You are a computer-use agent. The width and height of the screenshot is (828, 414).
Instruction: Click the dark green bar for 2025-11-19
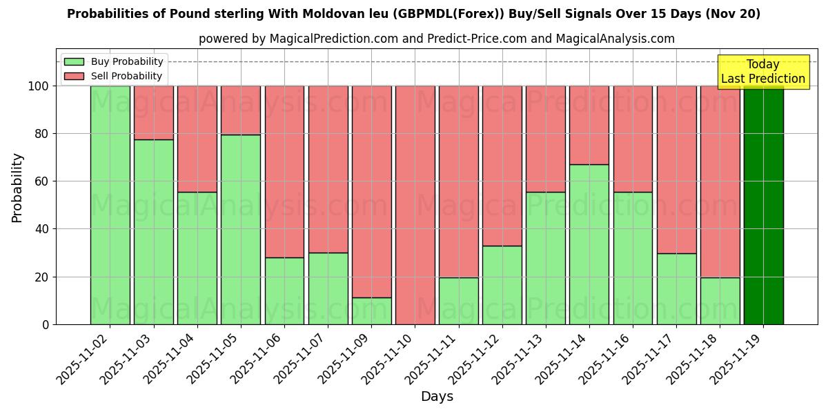763,205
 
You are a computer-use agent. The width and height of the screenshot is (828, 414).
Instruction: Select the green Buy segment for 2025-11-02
110,205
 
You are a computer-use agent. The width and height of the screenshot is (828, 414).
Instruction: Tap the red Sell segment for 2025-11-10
415,205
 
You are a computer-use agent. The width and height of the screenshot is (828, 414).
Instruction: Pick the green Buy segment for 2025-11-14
589,244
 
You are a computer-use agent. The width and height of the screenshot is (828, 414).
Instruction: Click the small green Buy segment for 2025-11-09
371,311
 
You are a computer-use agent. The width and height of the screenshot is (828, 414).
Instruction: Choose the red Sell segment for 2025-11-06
284,171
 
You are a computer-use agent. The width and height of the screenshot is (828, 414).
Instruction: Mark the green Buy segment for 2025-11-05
241,229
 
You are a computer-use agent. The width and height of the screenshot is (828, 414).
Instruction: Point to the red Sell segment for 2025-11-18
720,181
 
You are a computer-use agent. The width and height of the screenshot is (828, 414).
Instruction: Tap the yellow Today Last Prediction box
762,72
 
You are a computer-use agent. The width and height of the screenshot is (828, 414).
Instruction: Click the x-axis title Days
437,397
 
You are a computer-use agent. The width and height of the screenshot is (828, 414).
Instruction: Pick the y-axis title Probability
17,187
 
